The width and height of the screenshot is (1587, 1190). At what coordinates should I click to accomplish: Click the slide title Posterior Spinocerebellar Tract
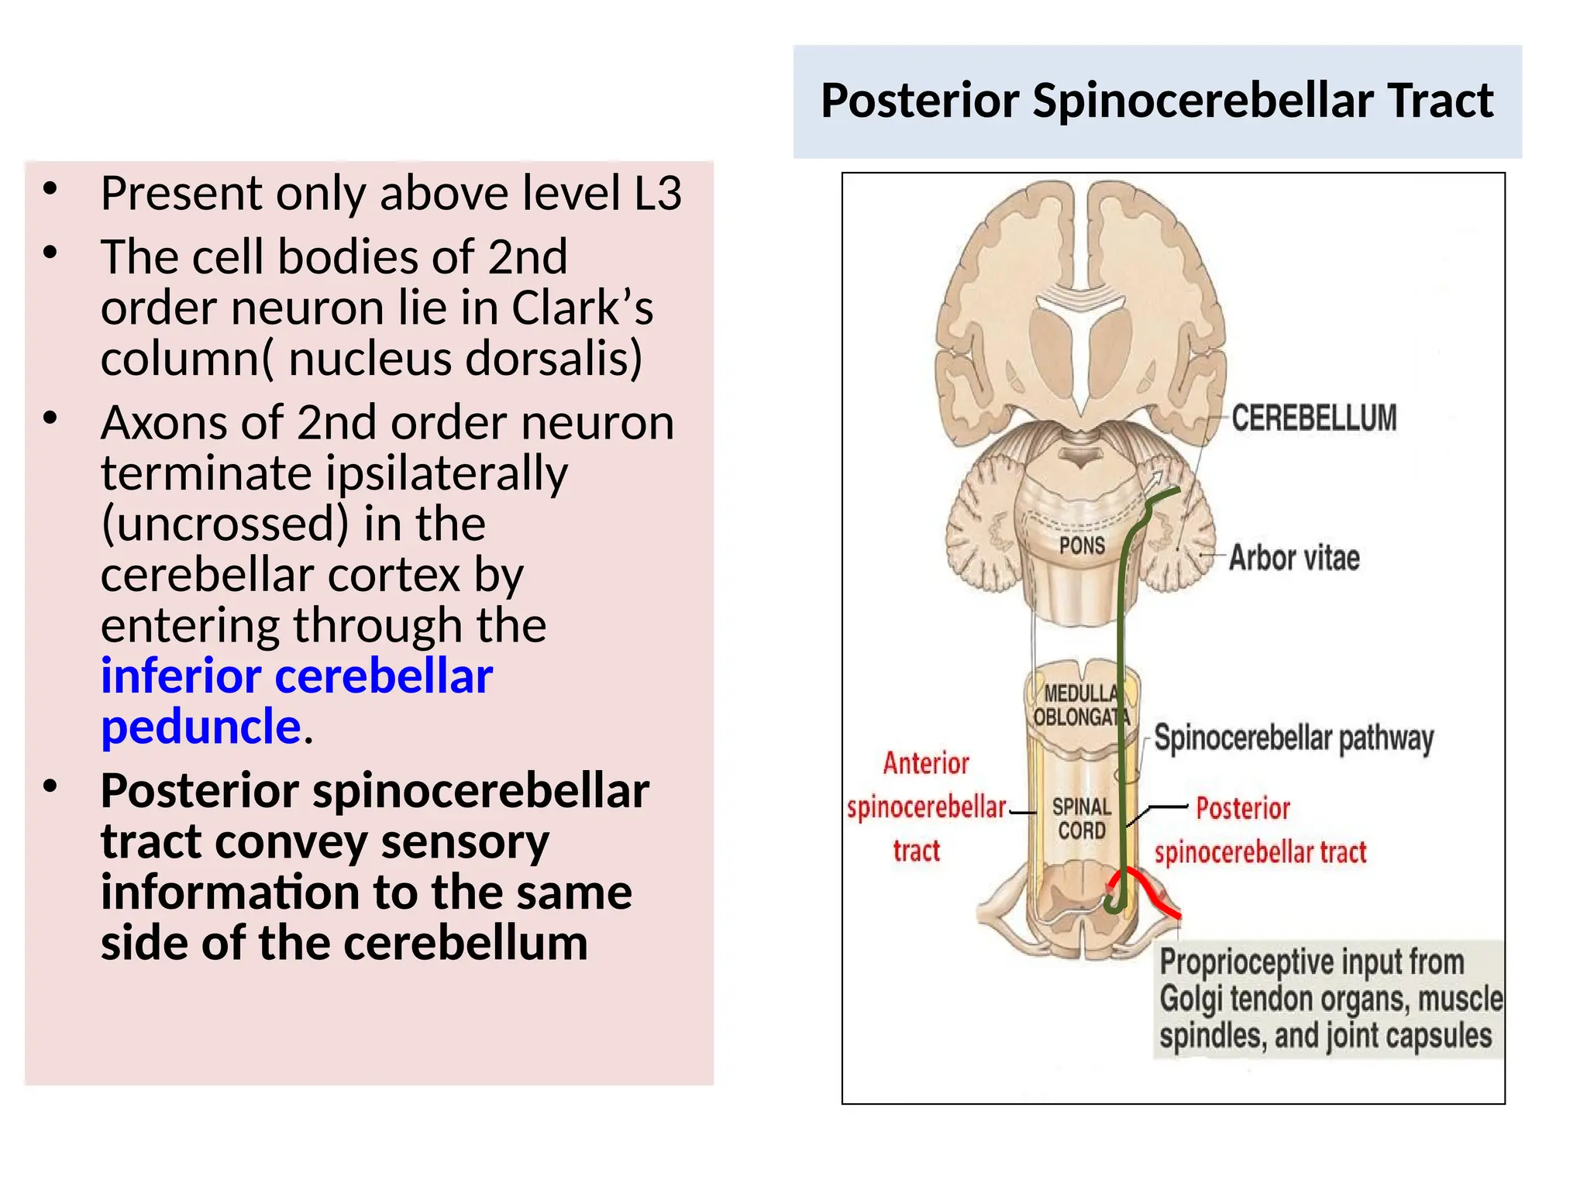point(1157,101)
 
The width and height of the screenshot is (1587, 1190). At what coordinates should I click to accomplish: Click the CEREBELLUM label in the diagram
point(1314,418)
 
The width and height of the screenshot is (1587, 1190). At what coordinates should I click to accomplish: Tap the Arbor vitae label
point(1294,558)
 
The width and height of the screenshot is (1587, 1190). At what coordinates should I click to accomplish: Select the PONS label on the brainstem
point(1082,545)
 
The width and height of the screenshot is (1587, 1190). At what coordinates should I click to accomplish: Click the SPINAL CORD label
point(1082,819)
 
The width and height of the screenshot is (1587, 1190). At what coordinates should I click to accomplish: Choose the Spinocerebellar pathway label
point(1294,738)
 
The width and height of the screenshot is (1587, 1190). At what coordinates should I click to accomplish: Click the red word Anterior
point(926,763)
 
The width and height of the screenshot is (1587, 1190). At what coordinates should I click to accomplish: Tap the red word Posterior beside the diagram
point(1243,808)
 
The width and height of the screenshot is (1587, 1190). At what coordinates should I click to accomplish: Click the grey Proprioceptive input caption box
point(1329,999)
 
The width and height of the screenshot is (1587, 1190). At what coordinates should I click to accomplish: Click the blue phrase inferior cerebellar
point(297,676)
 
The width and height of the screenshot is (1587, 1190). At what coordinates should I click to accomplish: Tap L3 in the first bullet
point(658,193)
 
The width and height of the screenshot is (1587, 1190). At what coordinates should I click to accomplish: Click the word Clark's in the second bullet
point(582,308)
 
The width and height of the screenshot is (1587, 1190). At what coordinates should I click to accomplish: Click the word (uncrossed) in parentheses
point(225,525)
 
